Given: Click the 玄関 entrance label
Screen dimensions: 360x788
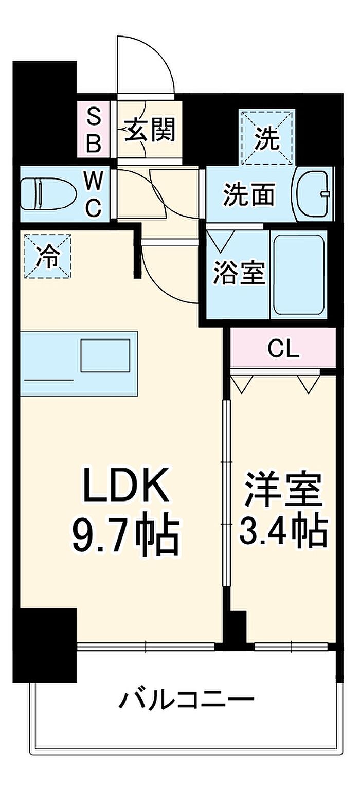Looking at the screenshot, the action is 150,130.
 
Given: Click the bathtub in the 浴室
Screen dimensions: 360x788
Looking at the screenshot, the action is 299,275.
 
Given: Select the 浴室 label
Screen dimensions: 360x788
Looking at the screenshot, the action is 239,273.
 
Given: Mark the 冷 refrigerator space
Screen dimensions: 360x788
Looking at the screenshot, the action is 48,256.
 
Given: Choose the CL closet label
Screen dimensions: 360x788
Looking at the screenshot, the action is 284,349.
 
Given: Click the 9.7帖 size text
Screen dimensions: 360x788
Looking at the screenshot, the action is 125,538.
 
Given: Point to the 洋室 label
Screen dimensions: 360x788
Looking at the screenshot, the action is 284,490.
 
